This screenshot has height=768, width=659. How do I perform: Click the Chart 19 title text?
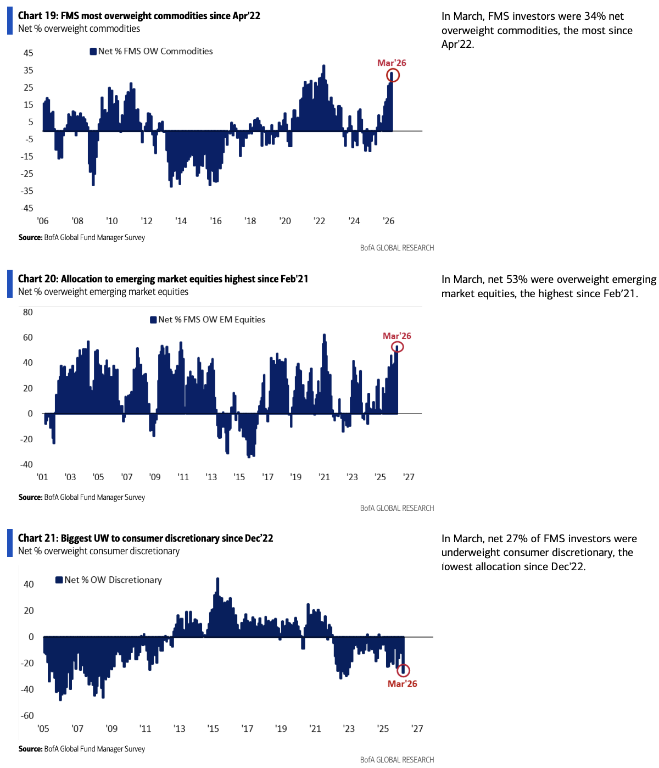139,16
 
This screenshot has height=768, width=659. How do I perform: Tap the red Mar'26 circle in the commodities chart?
393,75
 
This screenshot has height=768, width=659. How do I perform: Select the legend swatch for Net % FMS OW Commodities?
93,52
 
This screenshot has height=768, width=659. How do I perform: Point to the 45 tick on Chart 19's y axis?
28,53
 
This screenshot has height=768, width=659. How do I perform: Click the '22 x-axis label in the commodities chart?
319,221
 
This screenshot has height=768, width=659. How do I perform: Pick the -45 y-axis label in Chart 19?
27,208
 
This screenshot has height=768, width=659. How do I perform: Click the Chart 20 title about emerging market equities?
163,279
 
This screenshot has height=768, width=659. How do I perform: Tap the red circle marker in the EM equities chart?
398,347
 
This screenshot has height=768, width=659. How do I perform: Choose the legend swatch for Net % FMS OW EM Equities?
154,320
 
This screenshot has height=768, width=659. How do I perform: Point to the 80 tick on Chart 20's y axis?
28,312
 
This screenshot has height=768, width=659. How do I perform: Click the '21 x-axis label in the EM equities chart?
324,477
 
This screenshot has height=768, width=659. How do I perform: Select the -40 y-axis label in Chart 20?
27,464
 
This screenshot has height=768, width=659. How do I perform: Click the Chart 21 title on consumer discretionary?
146,538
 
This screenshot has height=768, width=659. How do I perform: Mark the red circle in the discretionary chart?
404,670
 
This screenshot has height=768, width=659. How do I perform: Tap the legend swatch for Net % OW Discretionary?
59,580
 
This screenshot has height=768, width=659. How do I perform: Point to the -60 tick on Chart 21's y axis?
27,716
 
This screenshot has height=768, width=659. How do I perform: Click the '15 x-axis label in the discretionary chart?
213,729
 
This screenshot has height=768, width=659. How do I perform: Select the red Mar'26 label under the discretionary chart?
403,684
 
